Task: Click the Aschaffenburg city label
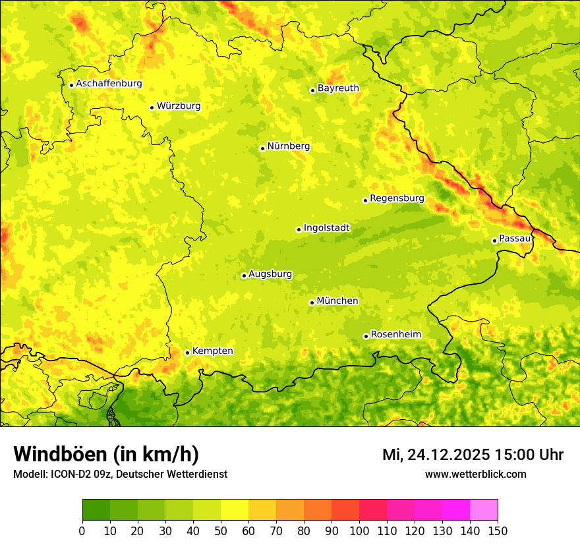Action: click(x=109, y=84)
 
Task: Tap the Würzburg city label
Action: click(x=179, y=106)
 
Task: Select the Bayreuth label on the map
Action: click(x=338, y=88)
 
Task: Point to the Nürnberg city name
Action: click(x=288, y=146)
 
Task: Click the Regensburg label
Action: click(x=397, y=198)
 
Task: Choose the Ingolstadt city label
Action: click(x=326, y=228)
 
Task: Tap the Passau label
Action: click(x=515, y=239)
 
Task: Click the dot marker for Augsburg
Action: click(x=244, y=275)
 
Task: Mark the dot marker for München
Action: click(x=312, y=302)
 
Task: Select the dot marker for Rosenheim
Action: click(x=366, y=336)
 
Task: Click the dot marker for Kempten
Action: click(x=187, y=353)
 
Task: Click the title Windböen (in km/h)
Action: click(x=106, y=454)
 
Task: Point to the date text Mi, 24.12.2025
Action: click(x=435, y=455)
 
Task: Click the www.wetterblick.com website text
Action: click(x=475, y=474)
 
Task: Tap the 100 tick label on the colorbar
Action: click(x=359, y=531)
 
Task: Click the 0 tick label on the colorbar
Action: click(x=82, y=531)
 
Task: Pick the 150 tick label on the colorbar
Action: click(x=498, y=531)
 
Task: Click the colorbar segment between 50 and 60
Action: click(x=235, y=509)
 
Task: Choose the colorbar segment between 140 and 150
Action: click(x=484, y=509)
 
